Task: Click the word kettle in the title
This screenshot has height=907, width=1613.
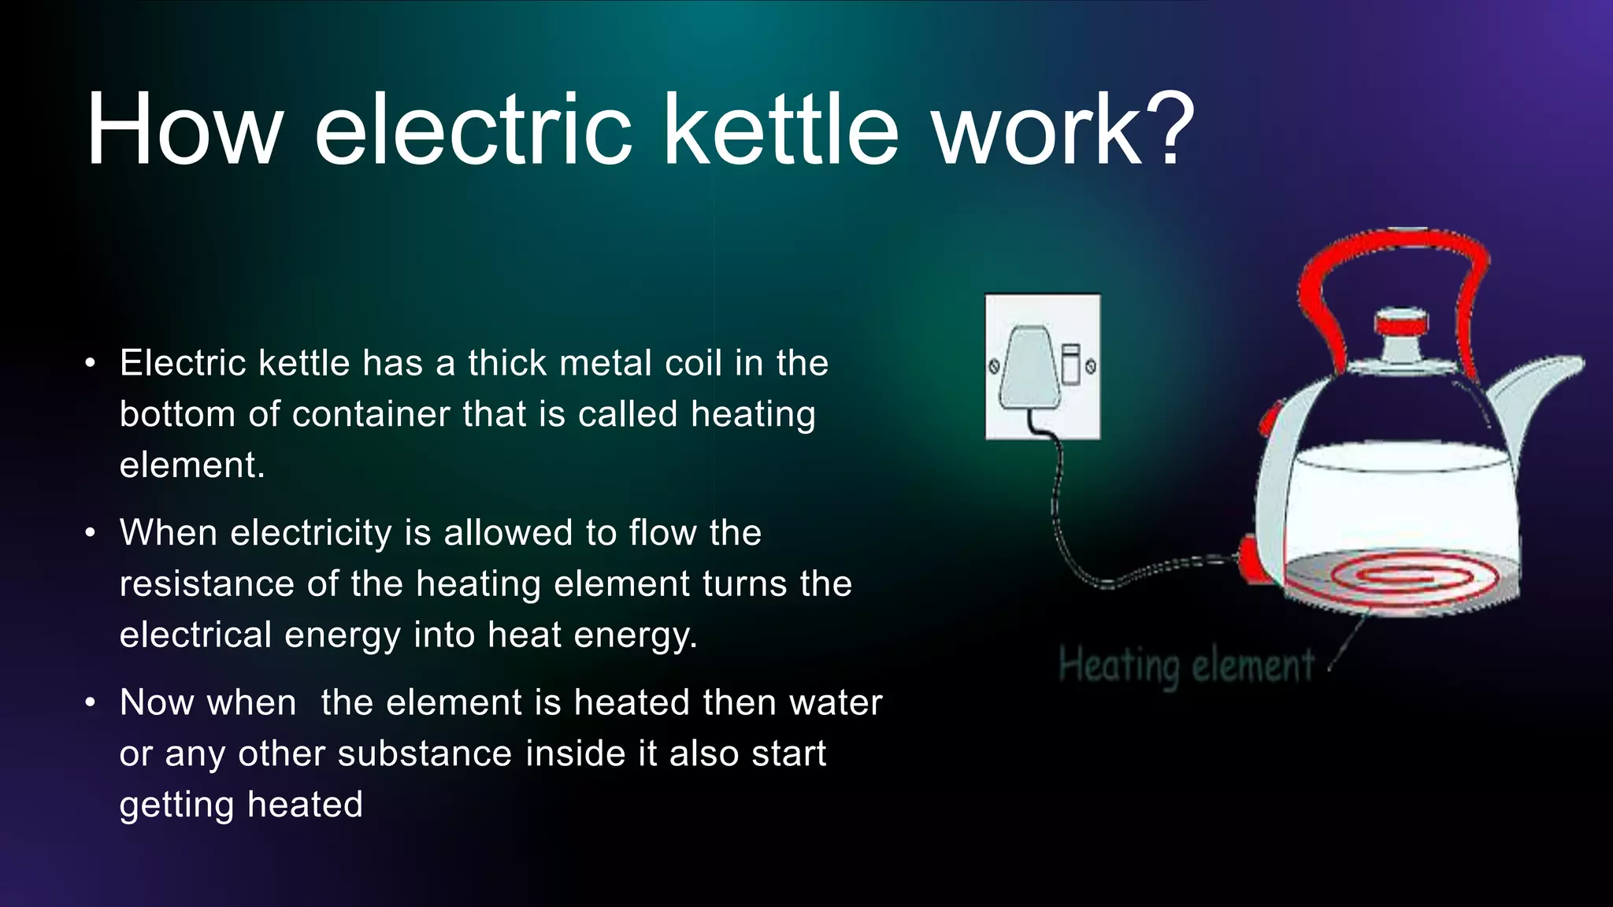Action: click(x=781, y=130)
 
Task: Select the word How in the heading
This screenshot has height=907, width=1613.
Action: click(x=184, y=130)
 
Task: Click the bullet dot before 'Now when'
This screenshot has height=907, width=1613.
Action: click(x=91, y=702)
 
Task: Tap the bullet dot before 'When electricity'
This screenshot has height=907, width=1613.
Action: click(x=91, y=533)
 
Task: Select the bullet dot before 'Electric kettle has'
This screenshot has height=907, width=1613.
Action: click(x=91, y=364)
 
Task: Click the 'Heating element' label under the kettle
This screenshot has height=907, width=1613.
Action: click(x=1185, y=666)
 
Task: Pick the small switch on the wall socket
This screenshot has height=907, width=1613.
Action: click(x=1070, y=365)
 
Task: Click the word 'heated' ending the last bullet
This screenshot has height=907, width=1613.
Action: click(x=305, y=805)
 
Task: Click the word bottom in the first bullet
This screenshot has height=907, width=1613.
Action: click(x=177, y=415)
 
